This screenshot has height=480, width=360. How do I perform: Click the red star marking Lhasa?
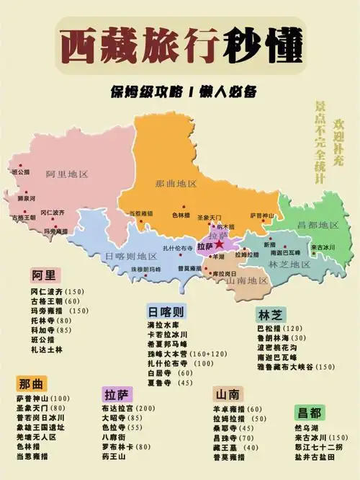point(218,245)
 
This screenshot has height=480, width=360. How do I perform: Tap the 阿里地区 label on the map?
point(66,174)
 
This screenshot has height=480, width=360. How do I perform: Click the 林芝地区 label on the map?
point(289,265)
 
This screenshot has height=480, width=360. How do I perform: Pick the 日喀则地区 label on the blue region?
point(130,257)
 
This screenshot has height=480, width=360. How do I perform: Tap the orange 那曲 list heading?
point(33,383)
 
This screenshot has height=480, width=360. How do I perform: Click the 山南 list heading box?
point(228,394)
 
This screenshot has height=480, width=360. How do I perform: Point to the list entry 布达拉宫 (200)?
point(128,408)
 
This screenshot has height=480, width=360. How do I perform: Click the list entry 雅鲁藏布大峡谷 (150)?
point(295,367)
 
